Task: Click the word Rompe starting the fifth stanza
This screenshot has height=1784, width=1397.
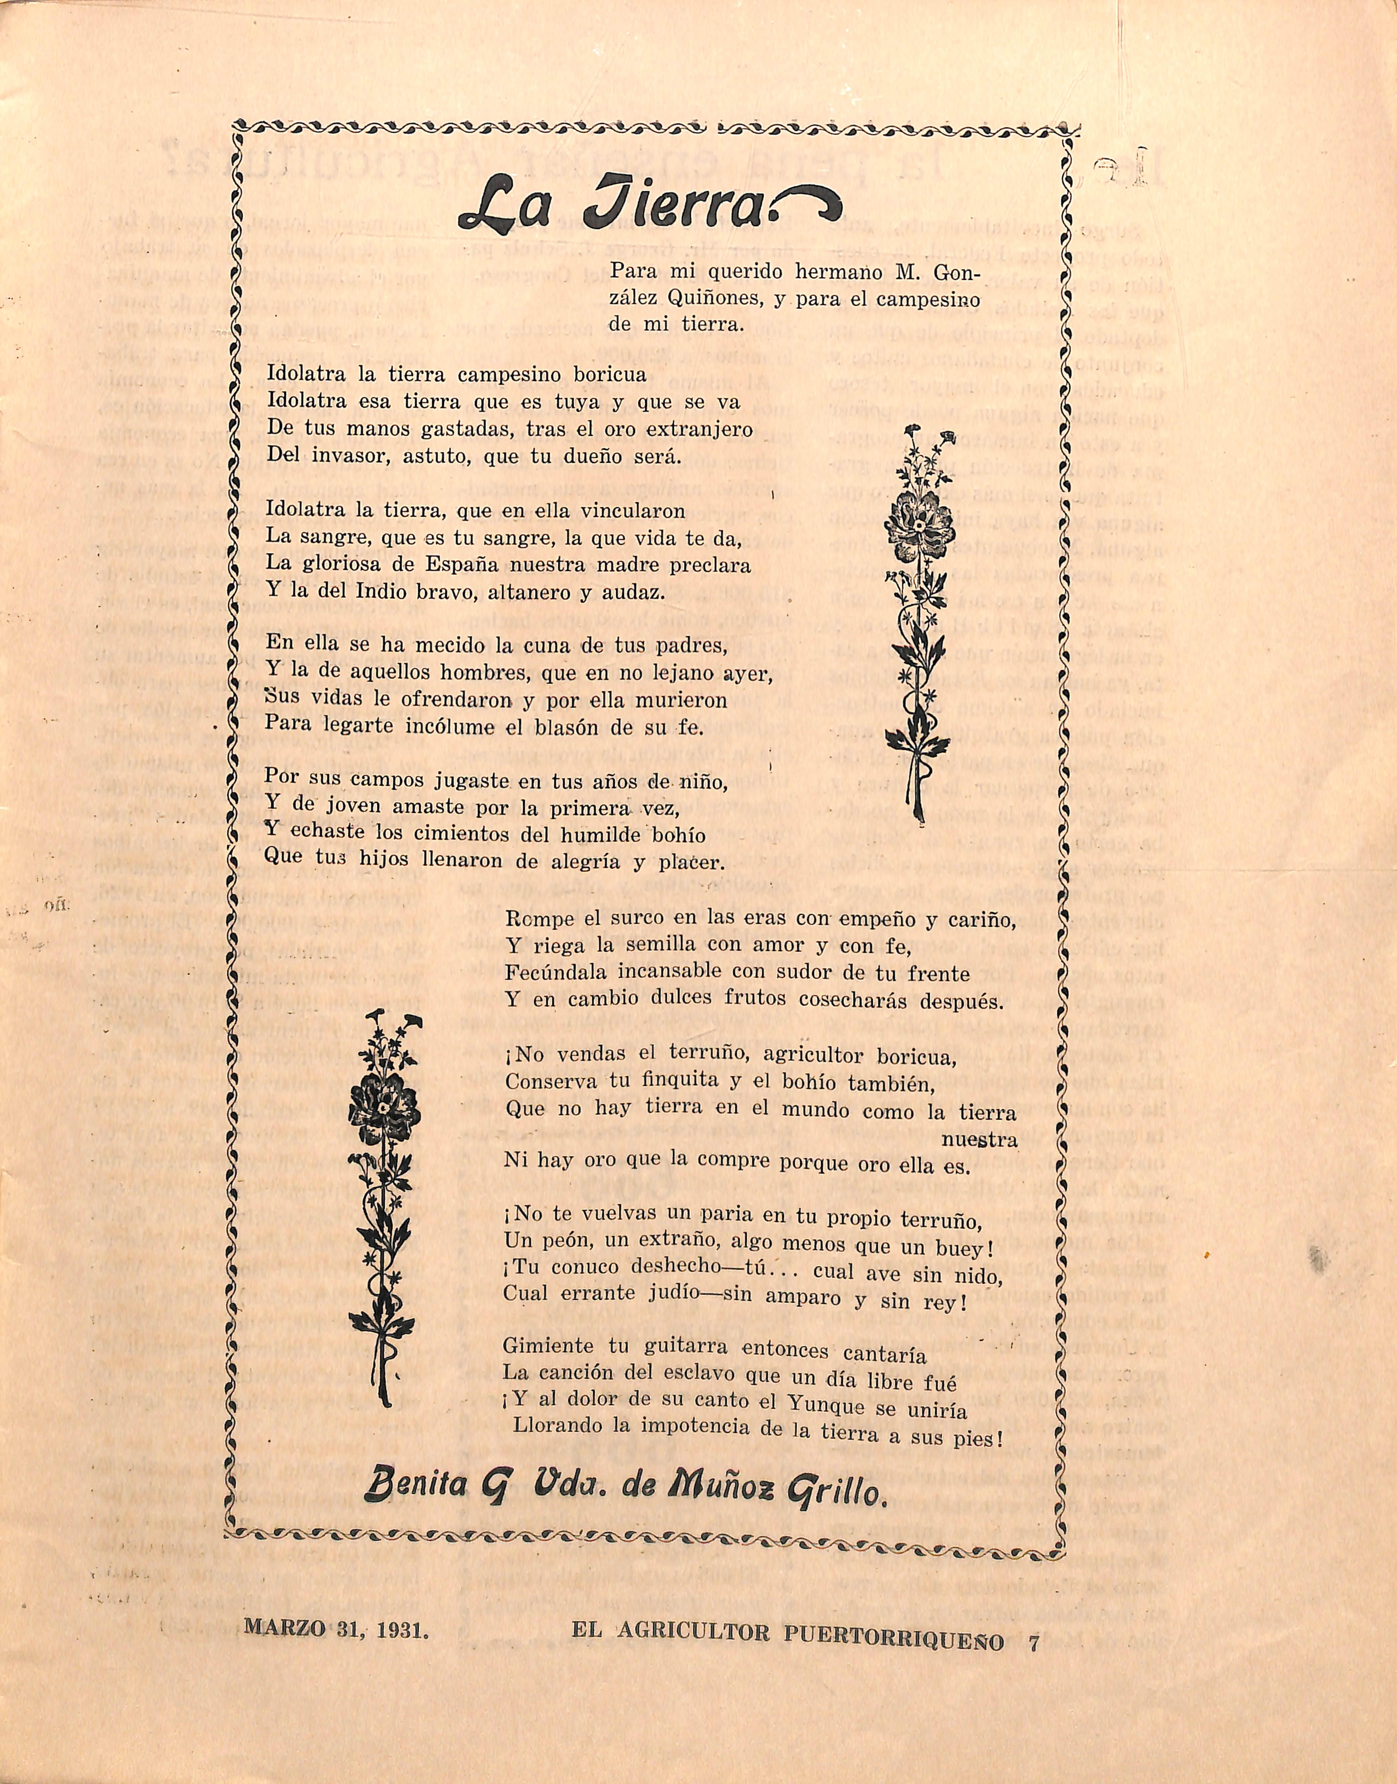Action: tap(535, 919)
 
